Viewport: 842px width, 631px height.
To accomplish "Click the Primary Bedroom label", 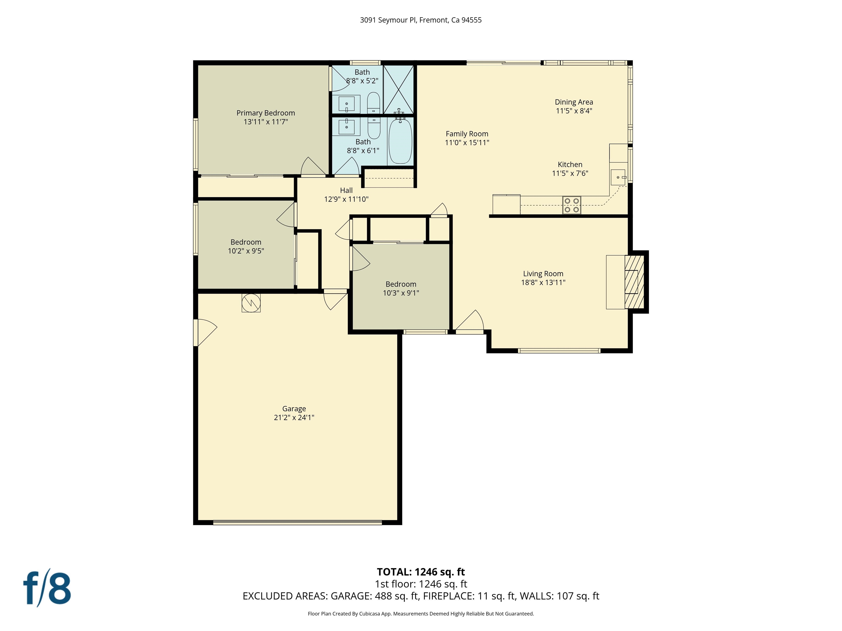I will (265, 113).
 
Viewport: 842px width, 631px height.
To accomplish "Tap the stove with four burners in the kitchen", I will (572, 205).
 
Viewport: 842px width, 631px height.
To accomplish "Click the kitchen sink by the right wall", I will (618, 177).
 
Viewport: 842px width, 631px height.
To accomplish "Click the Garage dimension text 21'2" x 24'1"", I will (294, 417).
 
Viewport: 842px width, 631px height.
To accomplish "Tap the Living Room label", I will (543, 274).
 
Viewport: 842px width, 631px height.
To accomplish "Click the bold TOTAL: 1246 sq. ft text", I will (421, 572).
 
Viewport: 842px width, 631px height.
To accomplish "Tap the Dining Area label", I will (574, 102).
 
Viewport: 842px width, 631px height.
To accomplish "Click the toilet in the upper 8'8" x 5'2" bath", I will (373, 102).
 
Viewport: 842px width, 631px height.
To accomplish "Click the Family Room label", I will (467, 134).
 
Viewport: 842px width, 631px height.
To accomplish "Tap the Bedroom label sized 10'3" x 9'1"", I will (400, 284).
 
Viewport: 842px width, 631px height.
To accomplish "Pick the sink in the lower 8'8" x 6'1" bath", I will (346, 125).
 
